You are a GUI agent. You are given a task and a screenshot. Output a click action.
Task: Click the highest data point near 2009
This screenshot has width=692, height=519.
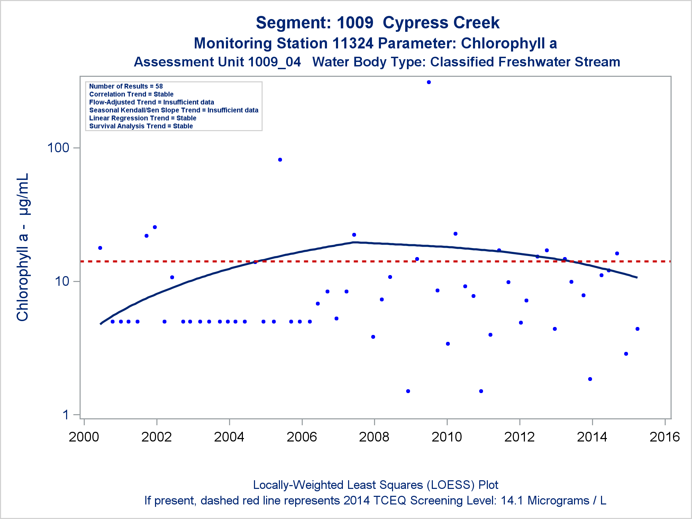tap(429, 82)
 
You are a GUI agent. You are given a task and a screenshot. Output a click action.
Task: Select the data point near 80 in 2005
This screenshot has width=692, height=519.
tap(280, 160)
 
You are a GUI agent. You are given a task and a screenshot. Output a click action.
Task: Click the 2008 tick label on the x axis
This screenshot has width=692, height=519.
tap(374, 437)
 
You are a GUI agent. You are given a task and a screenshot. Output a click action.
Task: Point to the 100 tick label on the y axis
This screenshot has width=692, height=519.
tap(58, 148)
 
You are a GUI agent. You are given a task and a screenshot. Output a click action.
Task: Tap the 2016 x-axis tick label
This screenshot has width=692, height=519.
tap(665, 437)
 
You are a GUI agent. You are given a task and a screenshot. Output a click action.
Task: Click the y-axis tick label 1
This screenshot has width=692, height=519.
tap(66, 415)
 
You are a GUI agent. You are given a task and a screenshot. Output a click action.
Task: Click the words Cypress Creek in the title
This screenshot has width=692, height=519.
tap(441, 23)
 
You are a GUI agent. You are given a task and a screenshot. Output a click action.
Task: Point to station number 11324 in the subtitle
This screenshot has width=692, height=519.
tap(353, 44)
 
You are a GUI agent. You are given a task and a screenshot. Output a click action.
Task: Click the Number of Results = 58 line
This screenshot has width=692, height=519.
tap(126, 86)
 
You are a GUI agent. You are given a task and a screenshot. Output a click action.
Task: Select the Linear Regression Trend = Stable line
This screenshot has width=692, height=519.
tap(143, 118)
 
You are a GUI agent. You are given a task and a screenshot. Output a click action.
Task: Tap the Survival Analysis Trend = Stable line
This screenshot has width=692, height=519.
tap(141, 126)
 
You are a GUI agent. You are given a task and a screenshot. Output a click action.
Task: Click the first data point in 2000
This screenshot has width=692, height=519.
tap(100, 248)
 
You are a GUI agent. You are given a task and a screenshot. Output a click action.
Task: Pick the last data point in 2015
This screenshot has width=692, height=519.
tap(637, 329)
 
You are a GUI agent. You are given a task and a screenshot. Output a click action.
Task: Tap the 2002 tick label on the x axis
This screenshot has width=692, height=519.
tap(156, 437)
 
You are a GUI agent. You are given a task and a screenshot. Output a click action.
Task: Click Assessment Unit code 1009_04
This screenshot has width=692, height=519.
tap(274, 62)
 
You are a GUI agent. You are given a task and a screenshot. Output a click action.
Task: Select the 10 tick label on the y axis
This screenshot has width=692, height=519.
tap(62, 281)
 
